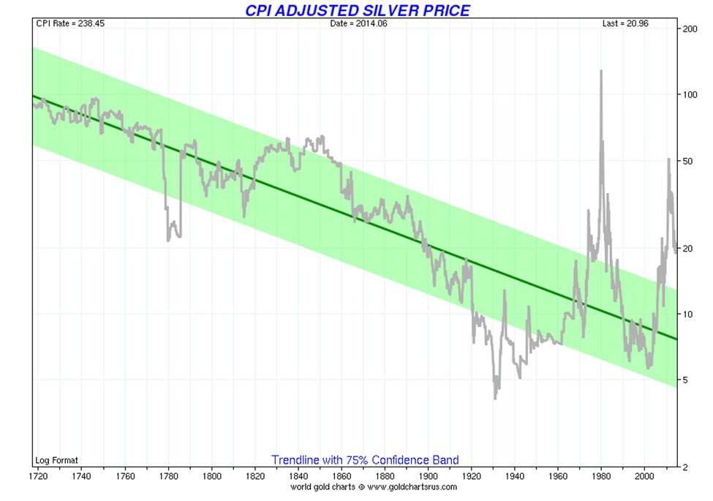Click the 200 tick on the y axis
[689, 29]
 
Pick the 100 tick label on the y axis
[689, 94]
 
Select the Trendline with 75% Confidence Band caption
[365, 460]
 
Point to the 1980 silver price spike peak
[601, 71]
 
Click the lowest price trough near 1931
[496, 397]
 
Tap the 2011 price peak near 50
[668, 159]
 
